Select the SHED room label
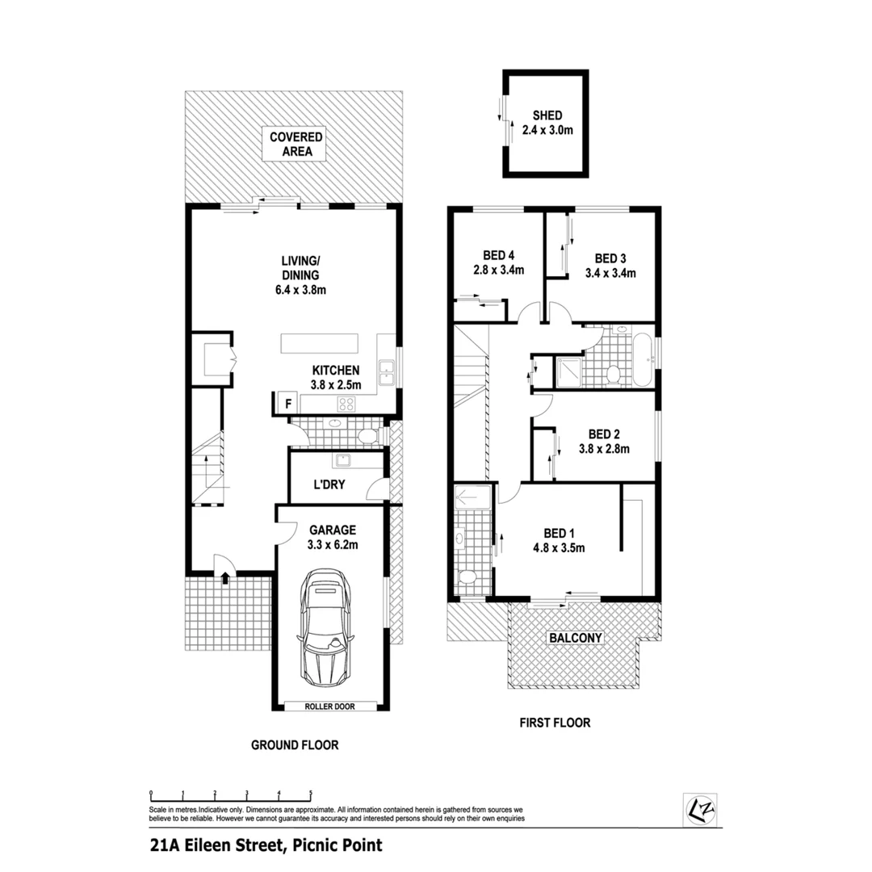[547, 115]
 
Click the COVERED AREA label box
[296, 144]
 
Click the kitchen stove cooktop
[347, 405]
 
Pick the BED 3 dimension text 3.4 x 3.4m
[610, 273]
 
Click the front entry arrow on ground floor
[224, 576]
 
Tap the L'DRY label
[326, 488]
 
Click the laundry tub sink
[343, 461]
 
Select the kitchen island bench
[318, 342]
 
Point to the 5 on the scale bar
[310, 793]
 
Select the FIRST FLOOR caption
[554, 723]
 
